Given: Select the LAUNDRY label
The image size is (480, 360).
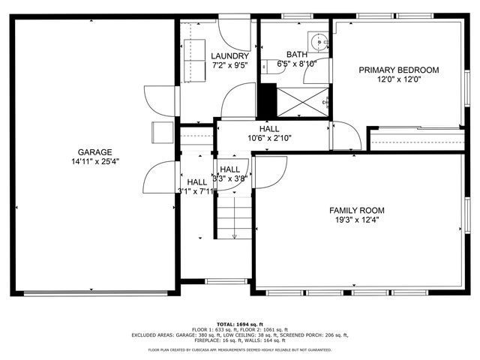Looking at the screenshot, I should pyautogui.click(x=229, y=56).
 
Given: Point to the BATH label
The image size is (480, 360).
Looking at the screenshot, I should pyautogui.click(x=295, y=55).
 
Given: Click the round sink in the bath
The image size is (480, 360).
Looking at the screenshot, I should pyautogui.click(x=318, y=40).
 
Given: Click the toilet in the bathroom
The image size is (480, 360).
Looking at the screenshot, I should pyautogui.click(x=267, y=66).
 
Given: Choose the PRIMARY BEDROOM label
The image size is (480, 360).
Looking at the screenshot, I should pyautogui.click(x=398, y=70).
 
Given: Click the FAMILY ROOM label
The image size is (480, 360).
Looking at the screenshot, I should pyautogui.click(x=357, y=210).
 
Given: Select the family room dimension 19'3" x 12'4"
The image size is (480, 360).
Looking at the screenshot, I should pyautogui.click(x=357, y=220).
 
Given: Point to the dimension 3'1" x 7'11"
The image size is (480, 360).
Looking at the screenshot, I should pyautogui.click(x=196, y=191).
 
